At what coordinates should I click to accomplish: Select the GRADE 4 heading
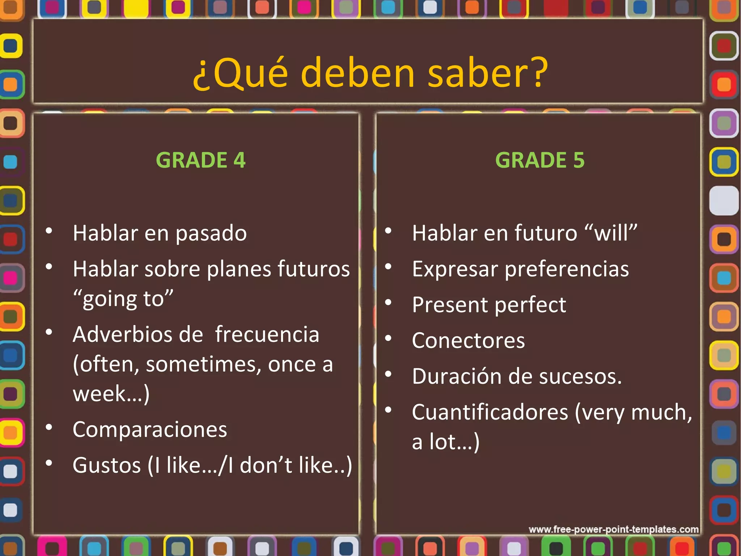point(200,160)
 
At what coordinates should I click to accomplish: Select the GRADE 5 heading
point(539,160)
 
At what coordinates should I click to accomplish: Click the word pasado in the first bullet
point(211,233)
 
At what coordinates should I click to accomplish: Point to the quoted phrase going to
point(123,299)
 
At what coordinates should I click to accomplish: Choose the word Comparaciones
point(150,430)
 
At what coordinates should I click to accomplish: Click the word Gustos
point(106,466)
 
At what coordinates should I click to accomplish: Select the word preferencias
point(567,269)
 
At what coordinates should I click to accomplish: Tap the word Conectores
point(468,341)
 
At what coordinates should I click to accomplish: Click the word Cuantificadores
point(490,412)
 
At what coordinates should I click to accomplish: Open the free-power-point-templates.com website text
point(613,530)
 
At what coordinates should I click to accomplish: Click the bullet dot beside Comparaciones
point(49,427)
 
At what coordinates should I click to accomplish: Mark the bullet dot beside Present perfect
point(388,302)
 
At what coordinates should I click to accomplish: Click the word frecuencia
point(267,334)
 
